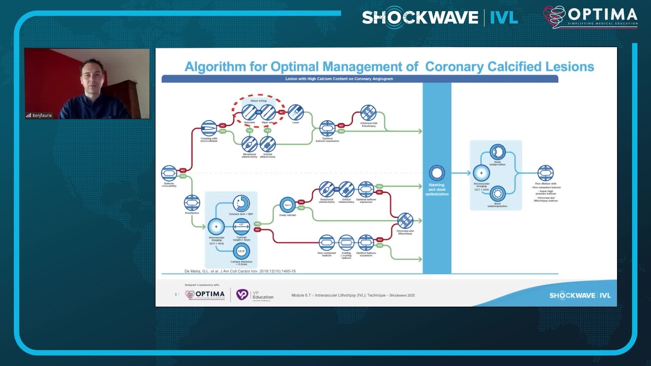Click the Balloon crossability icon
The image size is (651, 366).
point(169,173)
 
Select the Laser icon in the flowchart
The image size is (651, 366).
point(296,113)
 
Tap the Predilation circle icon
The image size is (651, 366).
point(192,203)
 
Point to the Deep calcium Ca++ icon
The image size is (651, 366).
point(287,205)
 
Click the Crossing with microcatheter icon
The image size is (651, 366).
point(209,128)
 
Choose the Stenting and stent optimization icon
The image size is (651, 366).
point(437,173)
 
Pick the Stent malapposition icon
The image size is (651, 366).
point(497,152)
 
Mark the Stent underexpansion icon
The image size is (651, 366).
point(497,194)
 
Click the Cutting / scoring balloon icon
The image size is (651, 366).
point(346,243)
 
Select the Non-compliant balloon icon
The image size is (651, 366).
point(327,243)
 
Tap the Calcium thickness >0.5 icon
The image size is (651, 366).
point(241,251)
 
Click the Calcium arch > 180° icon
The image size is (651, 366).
point(241,203)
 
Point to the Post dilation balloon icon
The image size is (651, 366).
point(546,173)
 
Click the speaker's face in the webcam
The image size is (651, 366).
point(92,75)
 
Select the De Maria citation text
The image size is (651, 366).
point(240,271)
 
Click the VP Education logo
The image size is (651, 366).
point(255,295)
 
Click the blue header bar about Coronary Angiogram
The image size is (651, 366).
point(359,79)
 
